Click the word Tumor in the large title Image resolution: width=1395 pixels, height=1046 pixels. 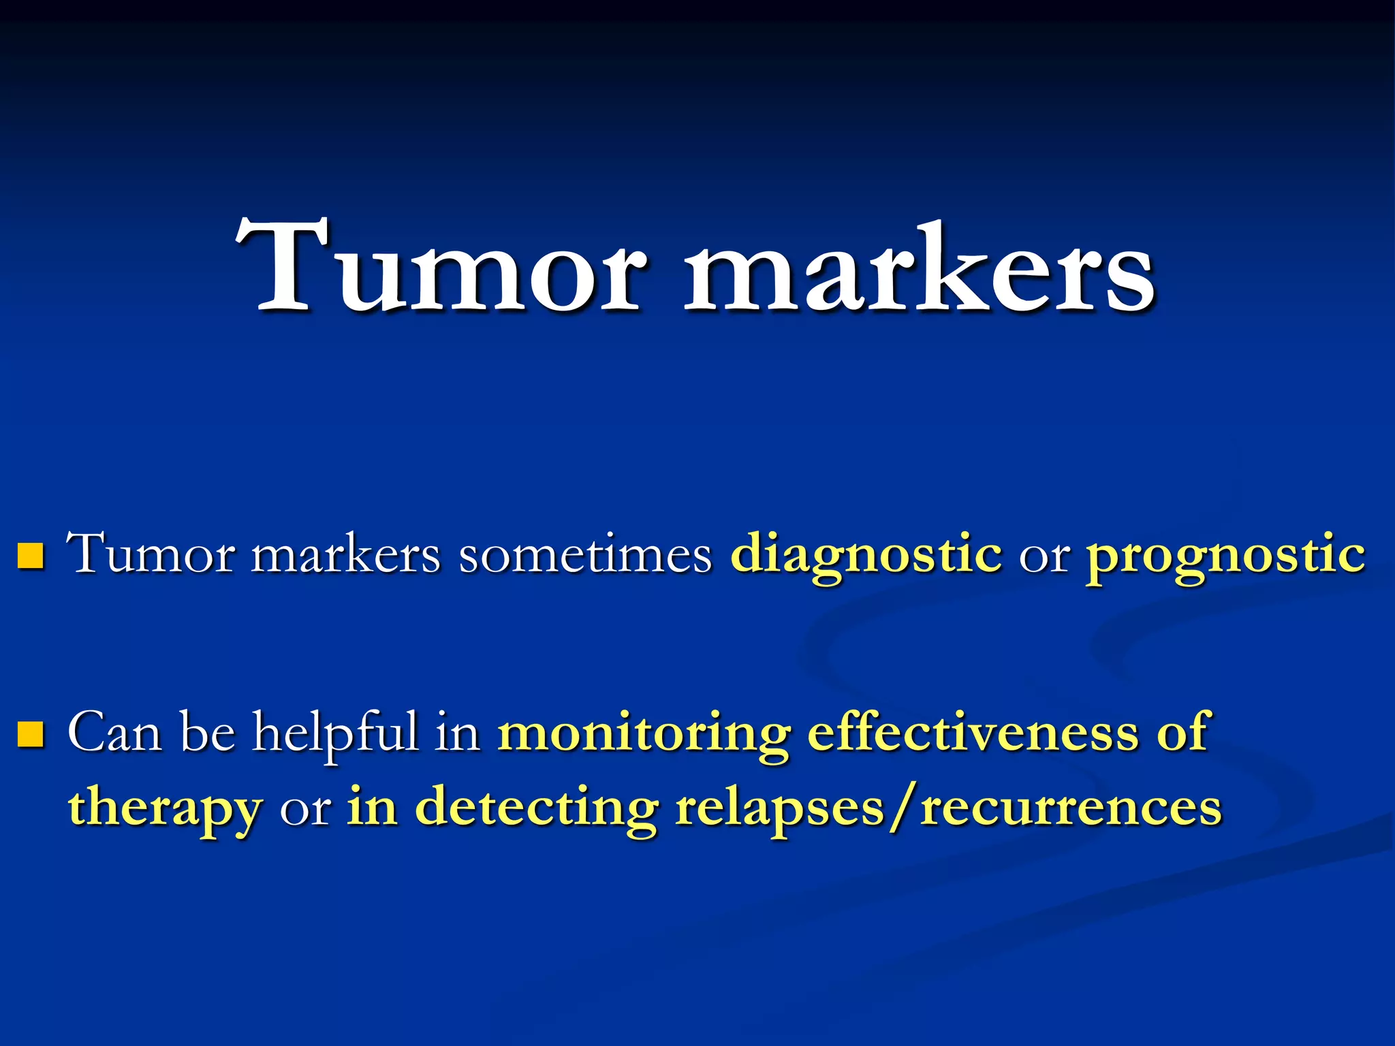click(439, 269)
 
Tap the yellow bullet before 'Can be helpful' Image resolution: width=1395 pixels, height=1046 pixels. click(31, 734)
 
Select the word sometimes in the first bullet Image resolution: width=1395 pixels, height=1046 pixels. click(585, 555)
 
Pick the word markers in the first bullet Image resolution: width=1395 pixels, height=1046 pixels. click(346, 555)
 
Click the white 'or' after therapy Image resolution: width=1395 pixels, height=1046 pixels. click(305, 810)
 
